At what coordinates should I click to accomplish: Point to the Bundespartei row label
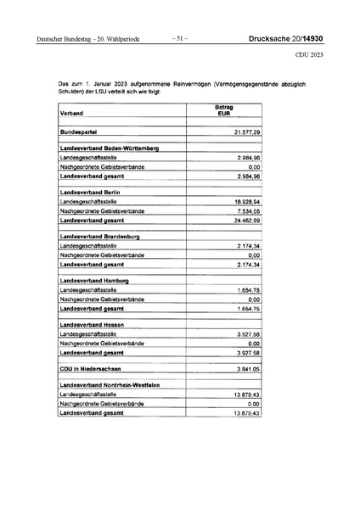pos(82,134)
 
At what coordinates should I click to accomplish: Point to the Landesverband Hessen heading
pos(91,325)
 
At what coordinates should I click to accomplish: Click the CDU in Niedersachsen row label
pos(92,370)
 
